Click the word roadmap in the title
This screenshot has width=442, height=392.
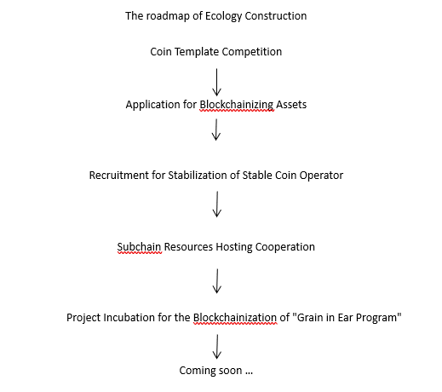tap(168, 16)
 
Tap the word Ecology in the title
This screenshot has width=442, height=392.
tap(223, 16)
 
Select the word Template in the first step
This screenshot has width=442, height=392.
tap(197, 52)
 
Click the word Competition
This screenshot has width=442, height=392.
tap(252, 52)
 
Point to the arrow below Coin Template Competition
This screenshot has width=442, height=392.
tap(216, 82)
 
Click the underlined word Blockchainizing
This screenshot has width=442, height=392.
tap(237, 105)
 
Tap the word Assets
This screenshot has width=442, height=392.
tap(291, 105)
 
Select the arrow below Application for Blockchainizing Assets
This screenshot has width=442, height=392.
tap(216, 130)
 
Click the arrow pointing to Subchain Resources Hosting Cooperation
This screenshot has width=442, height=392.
tap(217, 205)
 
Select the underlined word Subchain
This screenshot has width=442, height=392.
tap(140, 247)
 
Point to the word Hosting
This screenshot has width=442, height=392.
tap(234, 247)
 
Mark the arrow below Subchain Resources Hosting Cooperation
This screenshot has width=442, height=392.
tap(217, 281)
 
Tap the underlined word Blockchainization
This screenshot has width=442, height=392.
tap(235, 318)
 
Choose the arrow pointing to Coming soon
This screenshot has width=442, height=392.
tap(217, 347)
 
